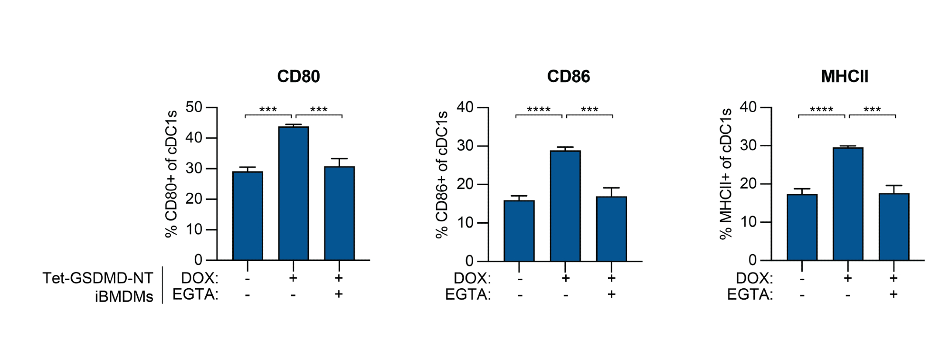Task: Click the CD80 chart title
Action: coord(298,76)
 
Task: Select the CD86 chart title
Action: coord(568,76)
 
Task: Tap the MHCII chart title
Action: coord(844,76)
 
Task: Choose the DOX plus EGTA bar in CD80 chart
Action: coord(339,213)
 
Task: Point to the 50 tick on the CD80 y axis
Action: coord(194,107)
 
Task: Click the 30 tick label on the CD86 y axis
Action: coord(465,146)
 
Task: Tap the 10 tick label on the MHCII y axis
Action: coord(748,222)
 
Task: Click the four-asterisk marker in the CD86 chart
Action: coord(539,110)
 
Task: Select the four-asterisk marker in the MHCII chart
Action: coord(821,110)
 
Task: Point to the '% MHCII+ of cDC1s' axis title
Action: coord(725,174)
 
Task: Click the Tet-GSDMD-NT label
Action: coord(98,278)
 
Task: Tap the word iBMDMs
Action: coord(124,296)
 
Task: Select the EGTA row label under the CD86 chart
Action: coord(468,295)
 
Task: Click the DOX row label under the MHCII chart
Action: coord(754,278)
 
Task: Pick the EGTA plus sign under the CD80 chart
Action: coord(339,294)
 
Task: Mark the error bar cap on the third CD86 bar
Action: coord(611,188)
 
